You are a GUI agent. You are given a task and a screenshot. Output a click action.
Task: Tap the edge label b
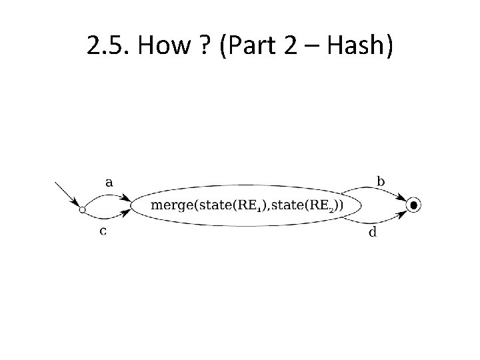click(x=381, y=181)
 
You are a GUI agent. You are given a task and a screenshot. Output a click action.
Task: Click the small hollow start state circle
click(x=82, y=210)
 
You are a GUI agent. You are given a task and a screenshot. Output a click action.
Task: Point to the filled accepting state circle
click(x=414, y=205)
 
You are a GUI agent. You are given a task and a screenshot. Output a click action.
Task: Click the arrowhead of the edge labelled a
click(x=127, y=197)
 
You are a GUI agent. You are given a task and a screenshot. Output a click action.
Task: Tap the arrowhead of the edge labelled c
click(x=127, y=213)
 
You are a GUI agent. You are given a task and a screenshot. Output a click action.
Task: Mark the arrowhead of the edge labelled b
click(x=403, y=199)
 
